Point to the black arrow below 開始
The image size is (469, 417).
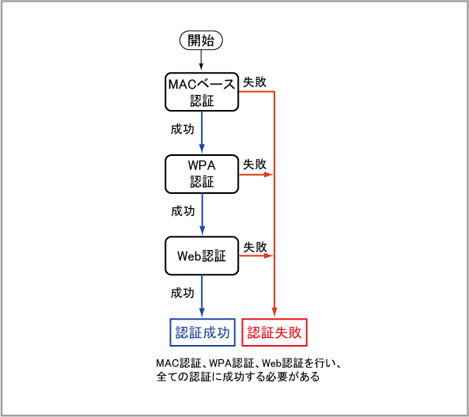tap(201, 60)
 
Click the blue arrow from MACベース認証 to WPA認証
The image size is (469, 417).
tap(202, 132)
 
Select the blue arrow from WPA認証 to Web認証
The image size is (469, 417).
tap(202, 214)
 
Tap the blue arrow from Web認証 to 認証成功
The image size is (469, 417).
tap(202, 296)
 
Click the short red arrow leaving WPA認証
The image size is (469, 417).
tap(256, 174)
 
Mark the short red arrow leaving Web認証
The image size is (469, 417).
tap(256, 256)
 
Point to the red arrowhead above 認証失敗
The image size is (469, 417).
tap(274, 312)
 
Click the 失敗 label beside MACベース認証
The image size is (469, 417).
tap(255, 82)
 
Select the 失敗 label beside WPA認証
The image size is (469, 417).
tap(255, 165)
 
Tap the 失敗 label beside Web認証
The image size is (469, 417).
tap(255, 247)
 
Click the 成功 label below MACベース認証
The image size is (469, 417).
tap(183, 129)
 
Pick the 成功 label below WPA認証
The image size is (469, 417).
tap(183, 211)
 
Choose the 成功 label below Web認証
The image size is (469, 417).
tap(183, 293)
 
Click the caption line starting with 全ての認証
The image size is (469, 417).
tap(238, 377)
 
